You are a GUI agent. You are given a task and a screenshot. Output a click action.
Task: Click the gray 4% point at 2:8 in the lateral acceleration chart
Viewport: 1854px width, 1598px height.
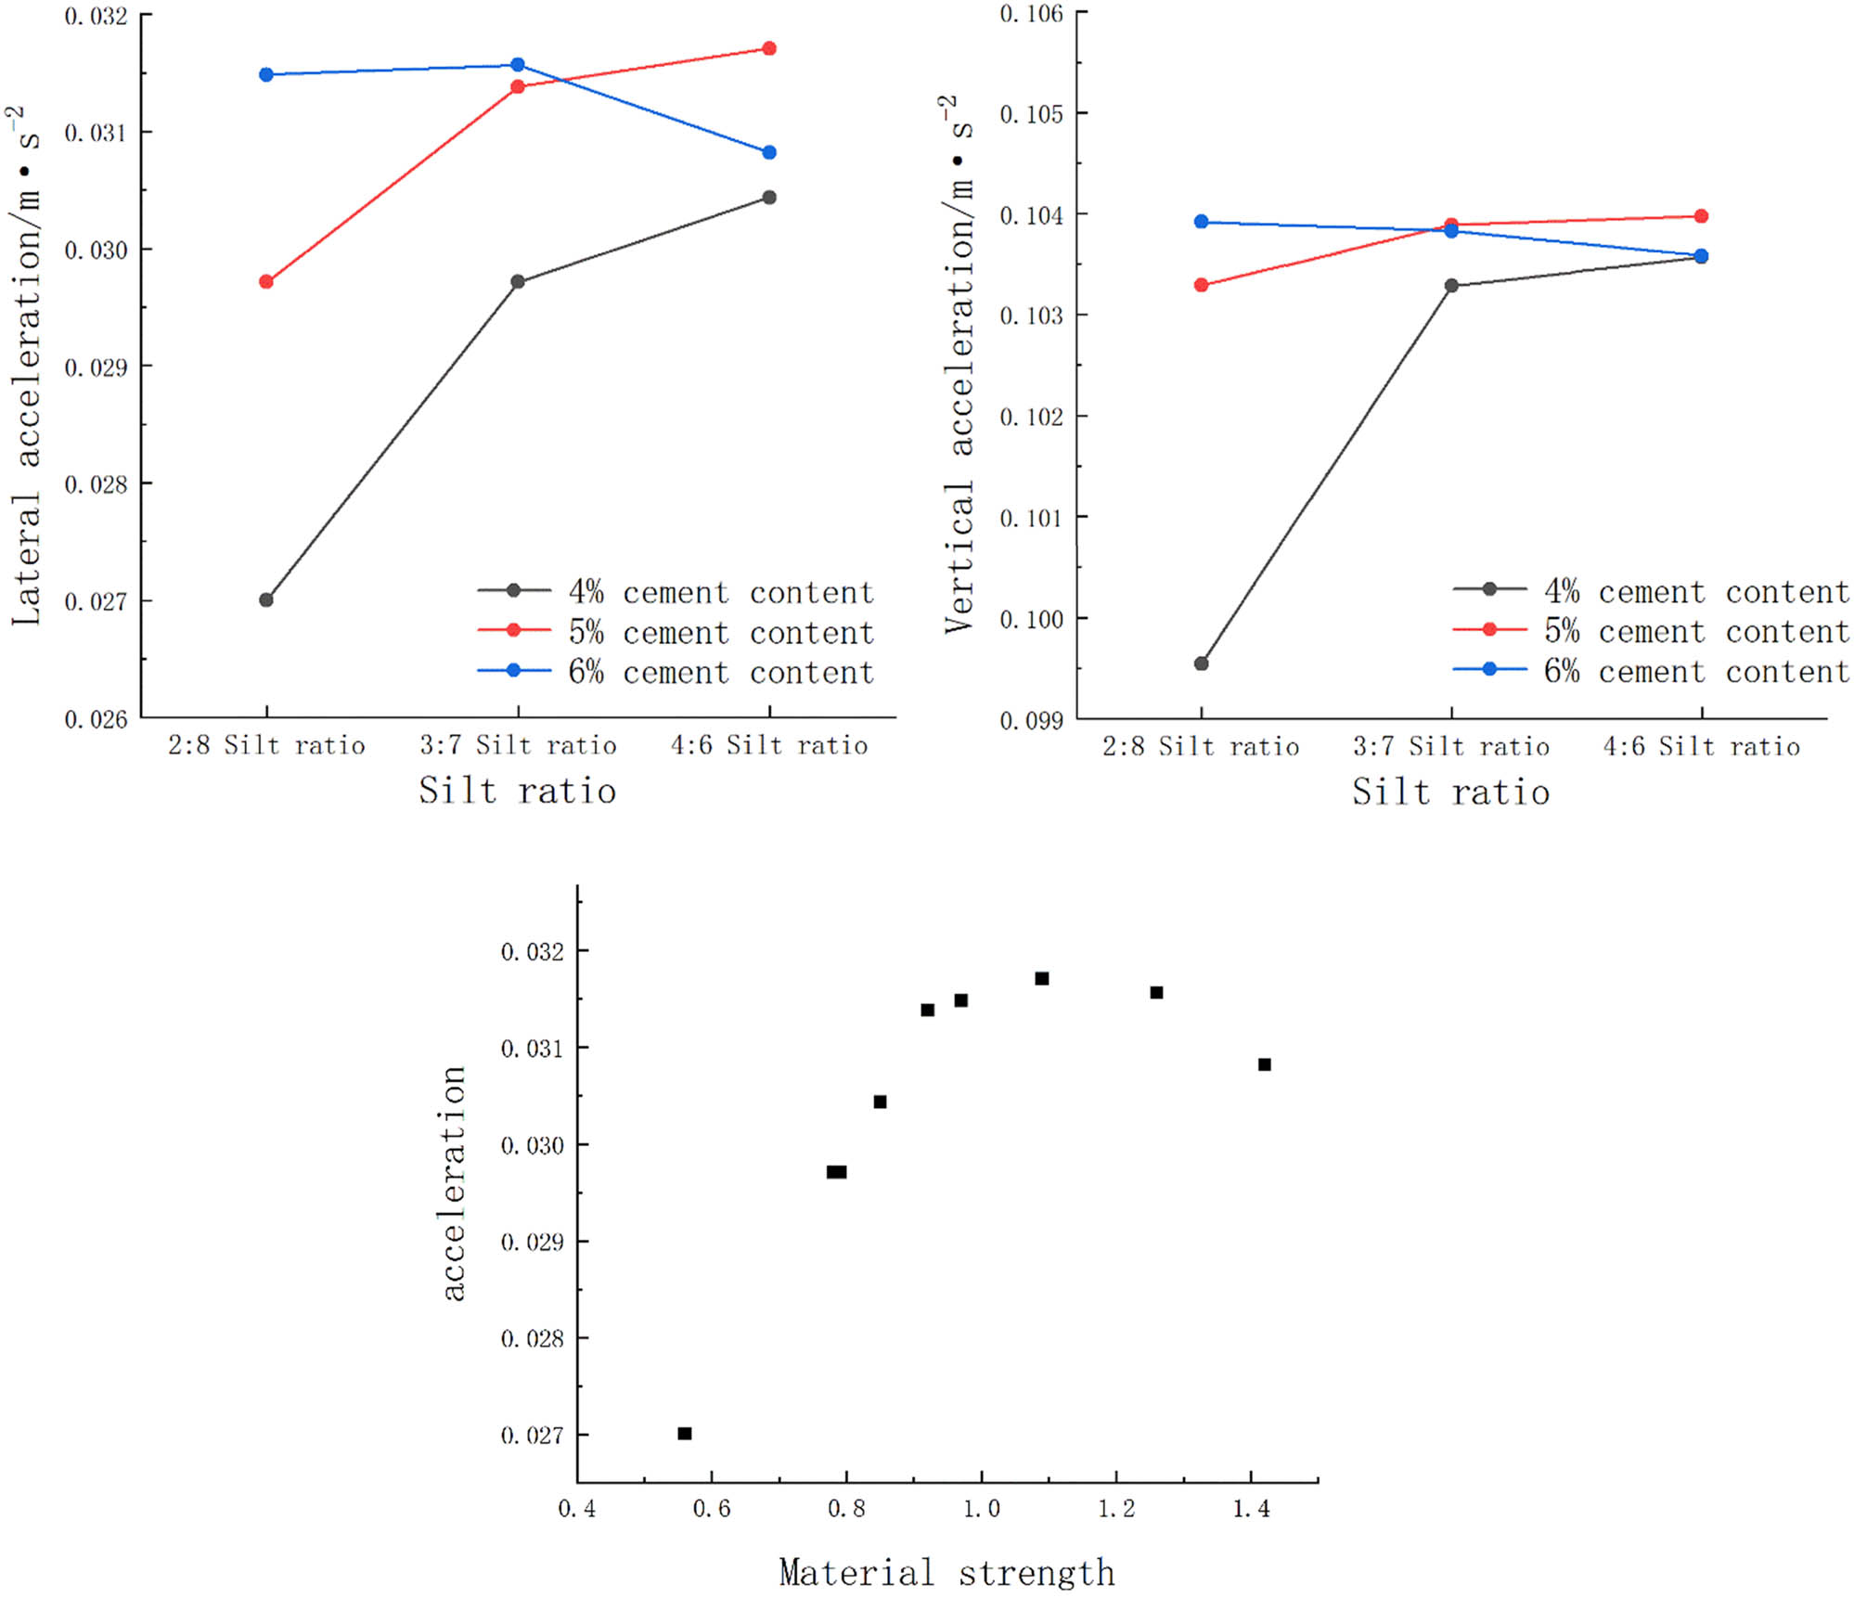pos(266,599)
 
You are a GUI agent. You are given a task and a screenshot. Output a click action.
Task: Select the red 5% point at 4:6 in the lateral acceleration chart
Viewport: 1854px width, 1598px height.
pos(769,48)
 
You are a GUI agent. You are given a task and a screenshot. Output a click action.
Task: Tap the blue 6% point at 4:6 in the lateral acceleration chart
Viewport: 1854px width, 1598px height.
pos(769,152)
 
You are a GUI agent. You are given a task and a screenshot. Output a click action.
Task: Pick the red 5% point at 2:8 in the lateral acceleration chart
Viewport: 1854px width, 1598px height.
pos(266,281)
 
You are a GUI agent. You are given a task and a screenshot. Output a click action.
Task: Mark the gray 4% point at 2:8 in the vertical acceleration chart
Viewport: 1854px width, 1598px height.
pos(1201,664)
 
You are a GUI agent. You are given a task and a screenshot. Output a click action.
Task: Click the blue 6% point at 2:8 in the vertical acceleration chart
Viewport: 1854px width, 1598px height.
pos(1201,222)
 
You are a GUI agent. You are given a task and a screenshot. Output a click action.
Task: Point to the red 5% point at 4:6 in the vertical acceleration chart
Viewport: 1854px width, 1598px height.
pos(1701,216)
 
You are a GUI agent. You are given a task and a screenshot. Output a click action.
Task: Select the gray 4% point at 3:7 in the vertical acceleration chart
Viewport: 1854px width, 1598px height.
pos(1451,286)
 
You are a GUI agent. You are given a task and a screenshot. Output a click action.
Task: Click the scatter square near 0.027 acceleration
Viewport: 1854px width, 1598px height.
pos(685,1434)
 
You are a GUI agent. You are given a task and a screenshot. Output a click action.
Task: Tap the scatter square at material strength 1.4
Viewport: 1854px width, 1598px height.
pos(1265,1064)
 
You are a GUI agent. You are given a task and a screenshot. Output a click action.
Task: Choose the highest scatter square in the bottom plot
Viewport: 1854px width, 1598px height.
pos(1042,978)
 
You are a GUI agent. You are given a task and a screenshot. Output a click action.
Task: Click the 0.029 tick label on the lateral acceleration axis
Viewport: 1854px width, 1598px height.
pos(96,367)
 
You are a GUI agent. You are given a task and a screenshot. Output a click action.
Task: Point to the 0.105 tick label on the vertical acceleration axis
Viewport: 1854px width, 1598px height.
pos(1031,114)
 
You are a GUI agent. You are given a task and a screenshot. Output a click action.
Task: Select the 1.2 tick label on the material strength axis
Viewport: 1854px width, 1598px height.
pos(1116,1509)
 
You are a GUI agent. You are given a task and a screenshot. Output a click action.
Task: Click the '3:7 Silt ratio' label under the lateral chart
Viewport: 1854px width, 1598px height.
pos(518,745)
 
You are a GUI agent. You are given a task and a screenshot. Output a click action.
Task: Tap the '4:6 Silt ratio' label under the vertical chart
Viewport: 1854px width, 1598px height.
pos(1701,747)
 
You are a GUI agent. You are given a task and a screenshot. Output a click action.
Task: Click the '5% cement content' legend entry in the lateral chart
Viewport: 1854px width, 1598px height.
pos(720,633)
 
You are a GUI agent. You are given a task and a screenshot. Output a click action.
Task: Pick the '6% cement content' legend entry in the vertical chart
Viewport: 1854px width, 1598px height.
pos(1695,671)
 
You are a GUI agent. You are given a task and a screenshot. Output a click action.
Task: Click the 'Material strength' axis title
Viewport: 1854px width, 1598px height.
pos(946,1572)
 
